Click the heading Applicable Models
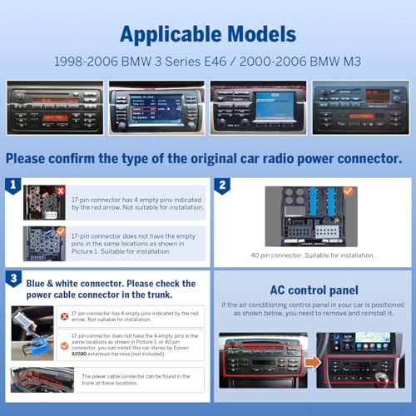pyautogui.click(x=207, y=36)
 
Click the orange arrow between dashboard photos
pyautogui.click(x=310, y=362)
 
